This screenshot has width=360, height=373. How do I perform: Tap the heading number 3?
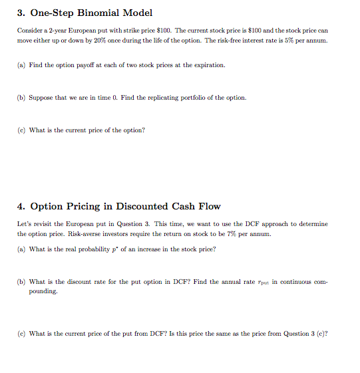pos(21,13)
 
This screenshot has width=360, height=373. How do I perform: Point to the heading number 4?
pos(21,207)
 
